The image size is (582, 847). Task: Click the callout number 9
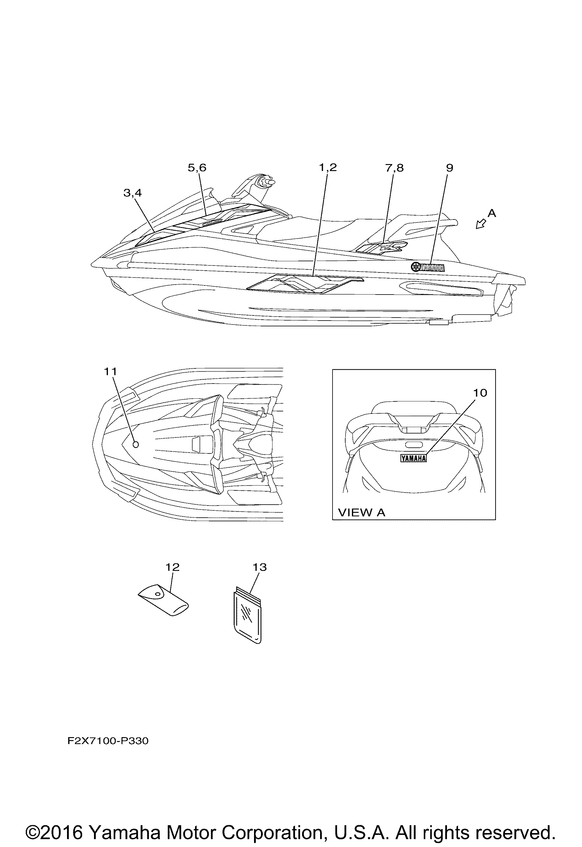pos(450,168)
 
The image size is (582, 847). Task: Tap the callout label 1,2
pos(328,168)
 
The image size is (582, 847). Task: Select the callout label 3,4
pos(133,193)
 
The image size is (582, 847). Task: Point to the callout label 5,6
pos(197,168)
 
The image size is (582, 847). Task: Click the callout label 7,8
pos(394,168)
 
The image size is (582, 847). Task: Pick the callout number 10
pos(480,393)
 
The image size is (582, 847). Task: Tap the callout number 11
pos(110,371)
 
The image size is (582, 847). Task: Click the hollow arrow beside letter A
pos(481,224)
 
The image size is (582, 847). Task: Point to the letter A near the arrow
pos(492,213)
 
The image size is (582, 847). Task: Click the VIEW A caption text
pos(362,513)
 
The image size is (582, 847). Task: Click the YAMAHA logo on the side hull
pos(428,267)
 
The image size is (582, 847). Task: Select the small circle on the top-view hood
pos(136,444)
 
